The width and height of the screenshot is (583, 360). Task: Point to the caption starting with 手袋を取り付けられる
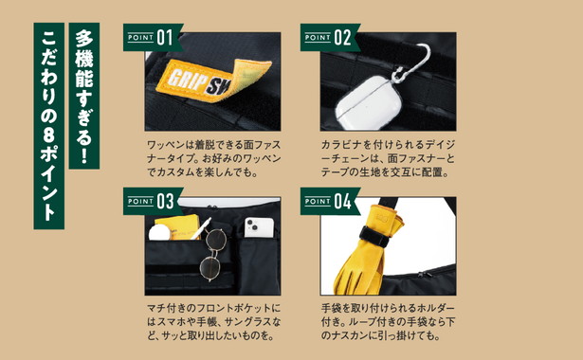pyautogui.click(x=378, y=321)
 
